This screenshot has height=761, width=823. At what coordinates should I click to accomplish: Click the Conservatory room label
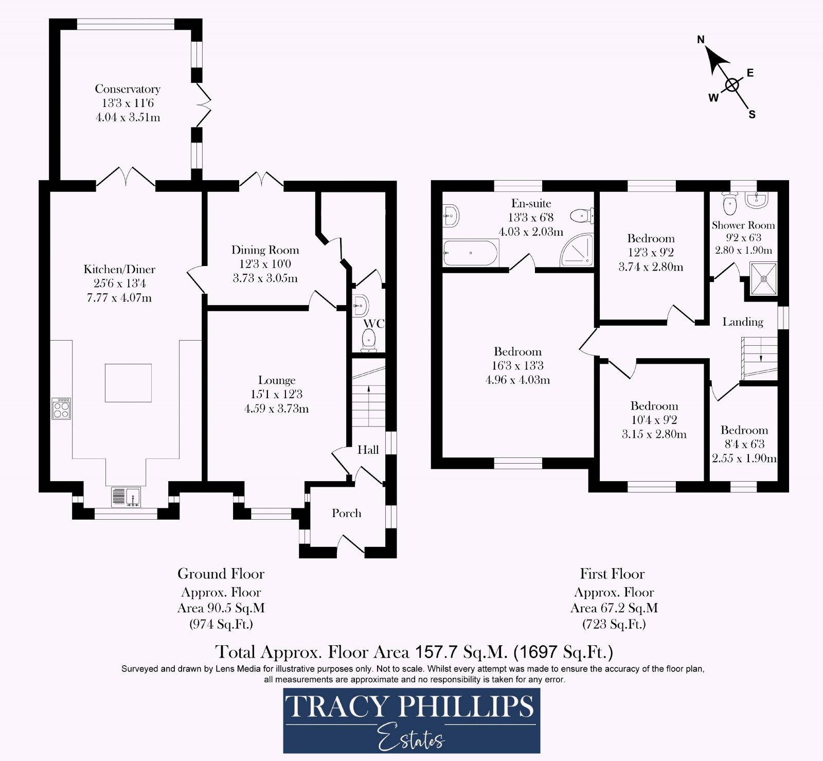click(x=128, y=89)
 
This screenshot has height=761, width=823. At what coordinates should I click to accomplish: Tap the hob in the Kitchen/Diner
click(x=61, y=409)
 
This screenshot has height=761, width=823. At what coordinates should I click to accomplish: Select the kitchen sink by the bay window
click(x=126, y=497)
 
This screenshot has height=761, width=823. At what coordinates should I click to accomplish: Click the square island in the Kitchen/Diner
click(x=128, y=383)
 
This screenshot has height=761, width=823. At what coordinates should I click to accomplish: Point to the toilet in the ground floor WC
click(x=369, y=341)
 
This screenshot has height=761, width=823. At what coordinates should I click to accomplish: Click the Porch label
click(x=346, y=513)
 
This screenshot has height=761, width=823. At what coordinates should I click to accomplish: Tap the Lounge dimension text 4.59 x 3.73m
click(x=277, y=409)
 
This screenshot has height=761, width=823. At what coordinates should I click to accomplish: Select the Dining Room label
click(x=265, y=250)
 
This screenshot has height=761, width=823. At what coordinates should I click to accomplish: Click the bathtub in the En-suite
click(x=470, y=253)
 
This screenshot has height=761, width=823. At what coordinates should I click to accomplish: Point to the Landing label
click(x=742, y=322)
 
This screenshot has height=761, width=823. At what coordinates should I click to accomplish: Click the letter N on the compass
click(x=701, y=39)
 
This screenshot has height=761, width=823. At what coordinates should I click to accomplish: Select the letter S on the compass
click(x=752, y=115)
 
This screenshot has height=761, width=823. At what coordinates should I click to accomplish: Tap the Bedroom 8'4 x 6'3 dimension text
click(x=744, y=444)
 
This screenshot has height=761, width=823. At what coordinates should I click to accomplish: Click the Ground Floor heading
click(x=221, y=574)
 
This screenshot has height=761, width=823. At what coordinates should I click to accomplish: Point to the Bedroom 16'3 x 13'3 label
click(x=517, y=352)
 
